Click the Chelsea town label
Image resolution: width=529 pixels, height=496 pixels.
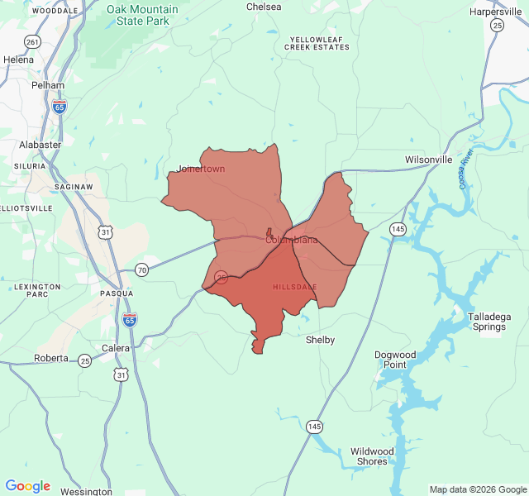tap(264, 7)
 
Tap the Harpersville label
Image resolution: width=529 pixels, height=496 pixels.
tap(496, 12)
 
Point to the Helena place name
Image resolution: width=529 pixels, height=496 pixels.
tap(18, 60)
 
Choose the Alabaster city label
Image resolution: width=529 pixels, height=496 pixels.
tap(41, 145)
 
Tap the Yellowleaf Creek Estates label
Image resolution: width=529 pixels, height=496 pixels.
tap(317, 44)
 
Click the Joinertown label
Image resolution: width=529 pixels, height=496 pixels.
tap(201, 169)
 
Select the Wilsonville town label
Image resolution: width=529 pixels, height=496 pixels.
tap(428, 160)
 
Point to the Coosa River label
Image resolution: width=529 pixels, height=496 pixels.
tap(466, 169)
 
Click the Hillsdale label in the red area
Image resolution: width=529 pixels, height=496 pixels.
tap(294, 287)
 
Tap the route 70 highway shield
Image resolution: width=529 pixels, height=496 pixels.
tap(141, 269)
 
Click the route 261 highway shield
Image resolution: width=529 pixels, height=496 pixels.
tap(32, 41)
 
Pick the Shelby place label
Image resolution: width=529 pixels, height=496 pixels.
tap(320, 340)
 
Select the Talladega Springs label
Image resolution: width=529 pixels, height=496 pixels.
tap(487, 322)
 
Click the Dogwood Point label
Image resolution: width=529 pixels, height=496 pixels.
tap(394, 360)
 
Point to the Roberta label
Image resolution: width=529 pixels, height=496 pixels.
tap(51, 359)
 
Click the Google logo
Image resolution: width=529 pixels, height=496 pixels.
tap(28, 486)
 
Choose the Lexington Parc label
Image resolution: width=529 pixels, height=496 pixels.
tap(37, 290)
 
